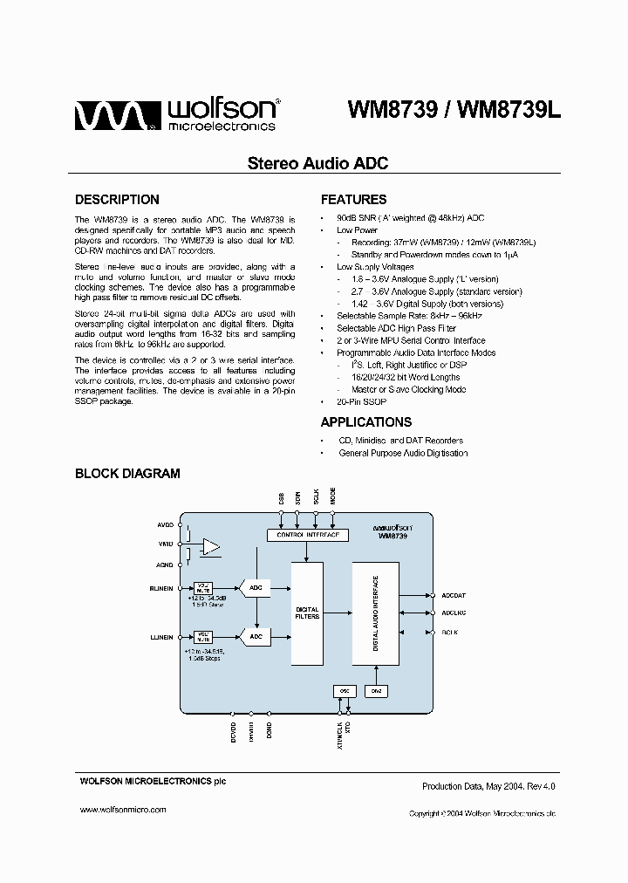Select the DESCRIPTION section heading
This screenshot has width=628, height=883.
(117, 199)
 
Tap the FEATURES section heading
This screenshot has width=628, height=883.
(353, 199)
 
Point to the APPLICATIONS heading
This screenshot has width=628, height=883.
(365, 422)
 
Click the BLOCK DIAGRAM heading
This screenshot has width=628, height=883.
(127, 474)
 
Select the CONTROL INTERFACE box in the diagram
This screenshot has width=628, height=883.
(306, 534)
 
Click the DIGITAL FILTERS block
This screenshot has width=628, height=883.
(307, 613)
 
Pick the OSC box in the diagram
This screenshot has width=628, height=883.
(343, 691)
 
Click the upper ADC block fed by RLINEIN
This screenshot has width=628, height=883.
(256, 589)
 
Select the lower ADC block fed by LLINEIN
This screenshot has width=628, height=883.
(256, 637)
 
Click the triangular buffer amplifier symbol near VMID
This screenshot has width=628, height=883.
(210, 546)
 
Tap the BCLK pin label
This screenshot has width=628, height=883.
(450, 631)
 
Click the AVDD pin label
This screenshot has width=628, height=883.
(165, 526)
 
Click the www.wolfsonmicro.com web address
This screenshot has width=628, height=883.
(123, 810)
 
